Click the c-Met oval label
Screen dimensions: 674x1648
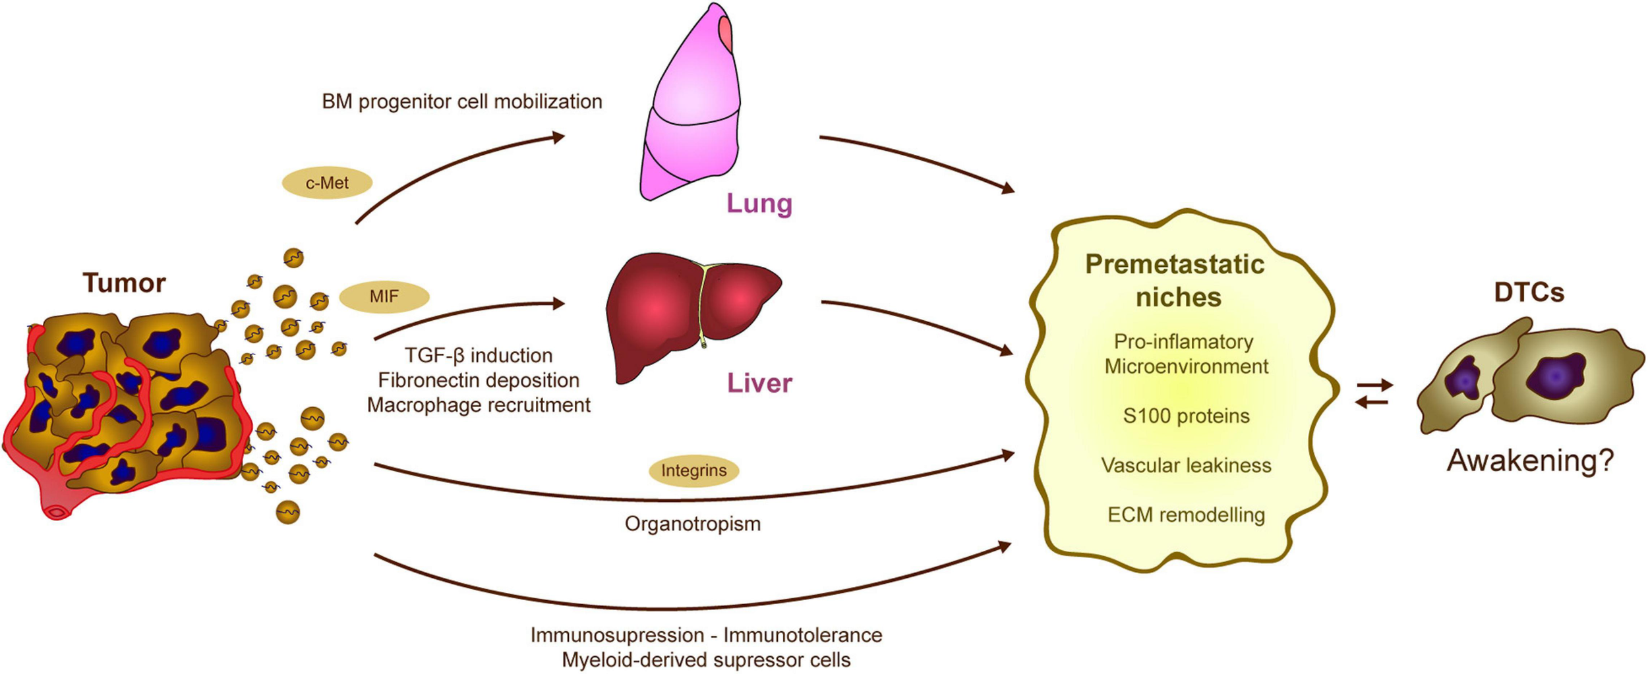click(327, 183)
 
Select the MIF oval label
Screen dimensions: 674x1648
click(384, 296)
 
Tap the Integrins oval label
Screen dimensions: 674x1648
click(693, 470)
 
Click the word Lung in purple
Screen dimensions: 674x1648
click(759, 204)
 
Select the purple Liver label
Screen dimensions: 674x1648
click(759, 383)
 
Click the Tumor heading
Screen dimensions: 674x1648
click(124, 283)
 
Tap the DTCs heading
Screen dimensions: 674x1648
click(1529, 293)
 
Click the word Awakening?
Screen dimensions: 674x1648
click(1530, 461)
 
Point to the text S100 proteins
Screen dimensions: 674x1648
click(1186, 416)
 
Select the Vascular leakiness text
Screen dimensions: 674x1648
click(1186, 466)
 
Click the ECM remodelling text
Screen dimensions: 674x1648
click(1186, 515)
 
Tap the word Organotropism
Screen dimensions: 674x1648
click(692, 524)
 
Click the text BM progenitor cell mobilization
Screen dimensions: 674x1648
click(461, 101)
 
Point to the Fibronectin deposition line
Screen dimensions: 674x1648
click(479, 380)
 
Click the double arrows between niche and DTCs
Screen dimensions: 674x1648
click(1374, 393)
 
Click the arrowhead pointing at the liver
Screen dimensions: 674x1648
click(559, 303)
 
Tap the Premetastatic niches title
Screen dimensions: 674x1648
click(1175, 281)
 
